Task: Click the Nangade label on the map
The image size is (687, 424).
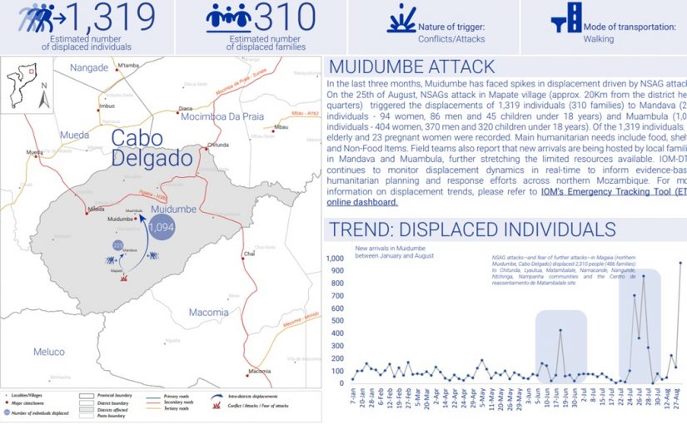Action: point(89,67)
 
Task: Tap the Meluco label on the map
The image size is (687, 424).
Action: point(48,352)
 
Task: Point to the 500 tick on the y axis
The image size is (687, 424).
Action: point(337,321)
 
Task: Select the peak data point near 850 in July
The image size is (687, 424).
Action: point(643,276)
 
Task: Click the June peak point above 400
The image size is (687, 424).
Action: point(560,330)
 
